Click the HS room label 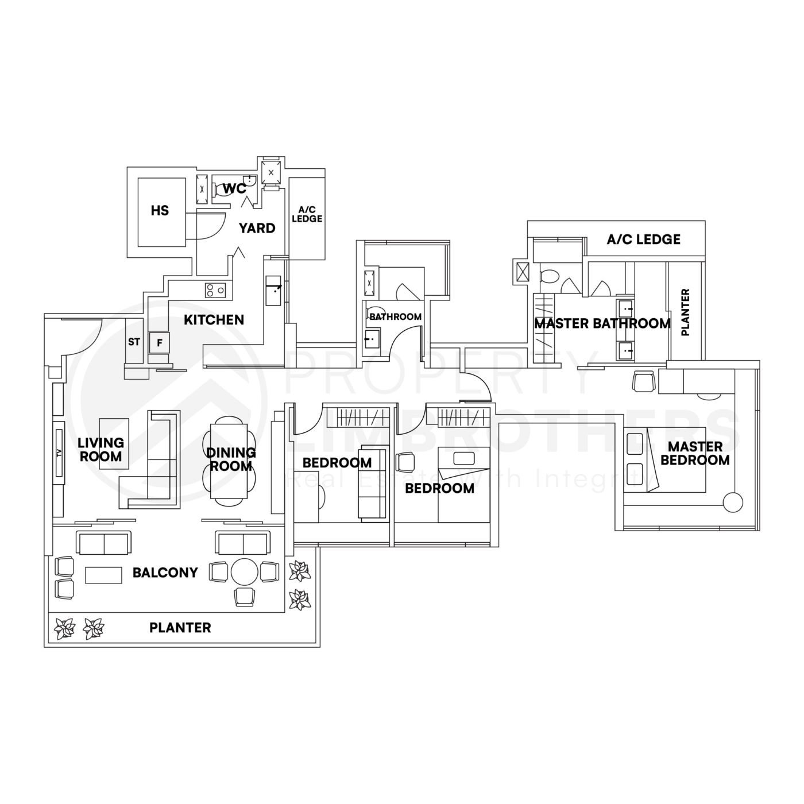[x=160, y=211]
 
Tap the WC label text [x=234, y=188]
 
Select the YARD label [x=257, y=228]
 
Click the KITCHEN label [x=214, y=320]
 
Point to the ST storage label [x=134, y=342]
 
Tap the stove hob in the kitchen [x=215, y=291]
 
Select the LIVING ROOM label [x=100, y=450]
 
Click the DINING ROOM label [x=231, y=460]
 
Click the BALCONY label [x=165, y=573]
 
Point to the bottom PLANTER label [x=180, y=628]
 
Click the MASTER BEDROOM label [x=695, y=453]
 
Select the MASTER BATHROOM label [x=602, y=323]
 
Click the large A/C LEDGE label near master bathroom [x=643, y=239]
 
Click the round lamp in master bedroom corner [x=733, y=502]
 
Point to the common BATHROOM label [x=395, y=316]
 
